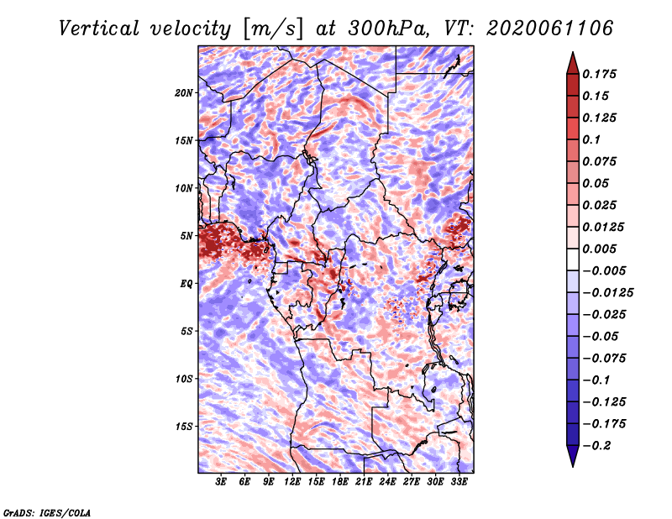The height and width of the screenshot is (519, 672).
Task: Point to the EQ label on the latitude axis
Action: [187, 283]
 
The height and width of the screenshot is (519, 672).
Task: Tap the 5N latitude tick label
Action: [186, 235]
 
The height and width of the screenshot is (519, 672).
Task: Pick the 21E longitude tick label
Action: [364, 481]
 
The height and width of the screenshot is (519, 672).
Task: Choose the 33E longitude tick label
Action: [459, 481]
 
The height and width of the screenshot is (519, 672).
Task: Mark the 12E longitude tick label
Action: [292, 481]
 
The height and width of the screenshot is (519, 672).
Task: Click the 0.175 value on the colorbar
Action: [601, 74]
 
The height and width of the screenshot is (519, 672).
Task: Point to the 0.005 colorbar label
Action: [601, 249]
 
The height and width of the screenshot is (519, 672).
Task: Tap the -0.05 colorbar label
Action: [600, 336]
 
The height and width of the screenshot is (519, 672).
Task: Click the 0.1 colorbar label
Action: [591, 139]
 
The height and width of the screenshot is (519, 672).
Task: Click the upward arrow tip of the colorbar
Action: [572, 55]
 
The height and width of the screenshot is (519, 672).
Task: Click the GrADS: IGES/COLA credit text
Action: [46, 511]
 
